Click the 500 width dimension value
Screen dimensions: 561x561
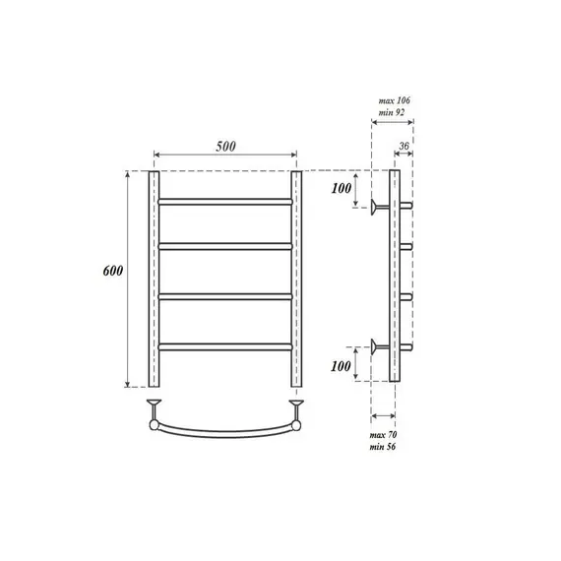pos(224,147)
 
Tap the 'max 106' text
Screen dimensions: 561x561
pos(394,100)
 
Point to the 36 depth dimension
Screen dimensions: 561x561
pos(402,148)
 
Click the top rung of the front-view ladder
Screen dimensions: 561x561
pos(224,201)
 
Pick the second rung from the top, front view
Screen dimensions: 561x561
pos(224,246)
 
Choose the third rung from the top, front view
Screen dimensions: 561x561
pos(224,295)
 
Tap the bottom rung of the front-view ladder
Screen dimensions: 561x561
pos(224,344)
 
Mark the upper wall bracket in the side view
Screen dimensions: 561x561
pos(379,207)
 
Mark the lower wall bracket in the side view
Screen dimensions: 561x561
pos(379,344)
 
